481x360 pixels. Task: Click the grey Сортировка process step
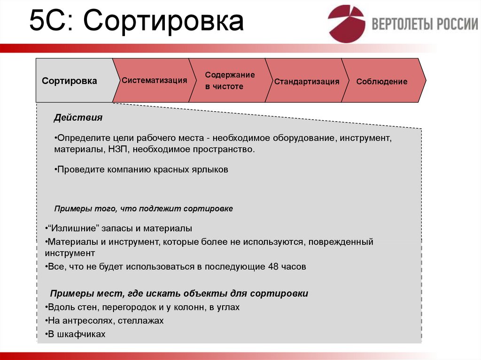click(70, 81)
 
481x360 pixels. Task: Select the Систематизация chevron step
click(154, 80)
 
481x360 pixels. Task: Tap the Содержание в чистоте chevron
click(230, 81)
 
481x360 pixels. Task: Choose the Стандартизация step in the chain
click(307, 82)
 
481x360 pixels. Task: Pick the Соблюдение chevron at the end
click(381, 82)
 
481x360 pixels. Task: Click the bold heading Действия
click(78, 118)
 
